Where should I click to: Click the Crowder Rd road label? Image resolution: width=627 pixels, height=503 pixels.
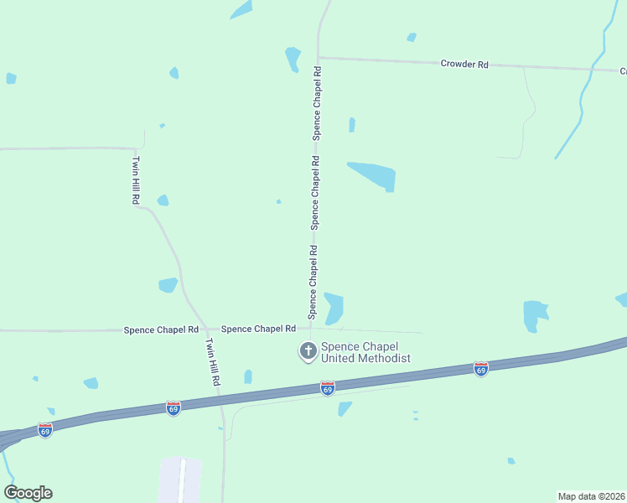[464, 64]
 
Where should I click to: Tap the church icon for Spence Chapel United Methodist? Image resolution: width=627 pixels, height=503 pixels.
[308, 351]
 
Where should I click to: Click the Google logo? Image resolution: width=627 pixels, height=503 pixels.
[28, 493]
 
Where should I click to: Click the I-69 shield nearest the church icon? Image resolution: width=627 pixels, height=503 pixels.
[327, 388]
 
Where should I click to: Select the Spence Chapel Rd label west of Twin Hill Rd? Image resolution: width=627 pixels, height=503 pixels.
[161, 330]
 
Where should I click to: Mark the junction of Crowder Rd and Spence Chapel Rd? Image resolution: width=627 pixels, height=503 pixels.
[319, 58]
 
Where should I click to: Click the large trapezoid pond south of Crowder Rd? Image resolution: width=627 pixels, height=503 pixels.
[374, 175]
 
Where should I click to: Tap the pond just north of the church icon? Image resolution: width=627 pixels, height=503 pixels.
[334, 308]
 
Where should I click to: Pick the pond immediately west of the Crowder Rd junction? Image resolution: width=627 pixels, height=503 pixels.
[293, 58]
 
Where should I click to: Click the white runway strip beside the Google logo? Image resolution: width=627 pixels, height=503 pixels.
[181, 480]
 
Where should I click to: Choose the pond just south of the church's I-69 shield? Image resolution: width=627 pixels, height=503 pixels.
[345, 408]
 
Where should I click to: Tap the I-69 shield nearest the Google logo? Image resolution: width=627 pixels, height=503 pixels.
[45, 429]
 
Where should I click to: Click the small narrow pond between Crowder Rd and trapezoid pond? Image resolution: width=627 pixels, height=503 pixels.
[352, 125]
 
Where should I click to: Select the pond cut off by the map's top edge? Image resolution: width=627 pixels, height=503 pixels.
[241, 9]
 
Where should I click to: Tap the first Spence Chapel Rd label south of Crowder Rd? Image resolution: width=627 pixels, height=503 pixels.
[317, 102]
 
